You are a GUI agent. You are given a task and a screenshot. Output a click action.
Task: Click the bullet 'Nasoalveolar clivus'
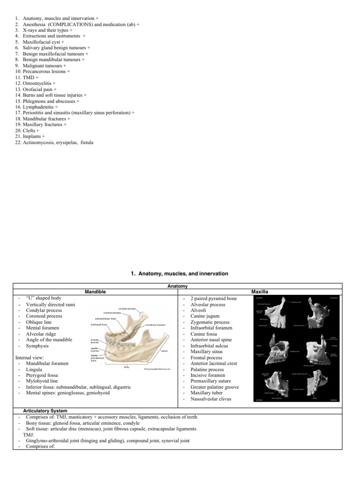(211, 398)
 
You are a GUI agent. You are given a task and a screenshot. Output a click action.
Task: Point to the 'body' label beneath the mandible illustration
(127, 367)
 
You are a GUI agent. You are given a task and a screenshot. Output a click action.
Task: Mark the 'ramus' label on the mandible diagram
(164, 350)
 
